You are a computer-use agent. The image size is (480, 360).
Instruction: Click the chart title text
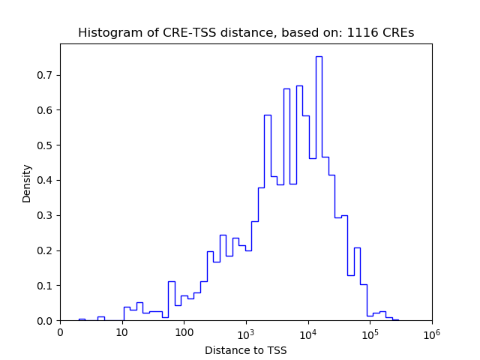point(246,33)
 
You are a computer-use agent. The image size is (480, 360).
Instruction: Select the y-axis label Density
point(27,183)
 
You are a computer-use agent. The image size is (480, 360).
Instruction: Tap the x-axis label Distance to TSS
point(246,350)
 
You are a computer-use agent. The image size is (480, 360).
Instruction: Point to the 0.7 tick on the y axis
point(47,75)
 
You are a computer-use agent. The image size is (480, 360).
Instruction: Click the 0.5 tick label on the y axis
point(47,145)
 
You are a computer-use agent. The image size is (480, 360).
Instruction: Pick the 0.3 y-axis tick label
point(47,215)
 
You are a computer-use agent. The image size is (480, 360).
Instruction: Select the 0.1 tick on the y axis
point(47,286)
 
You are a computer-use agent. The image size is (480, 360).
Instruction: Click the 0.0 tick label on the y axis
point(47,321)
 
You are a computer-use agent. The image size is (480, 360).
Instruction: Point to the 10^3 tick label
point(246,332)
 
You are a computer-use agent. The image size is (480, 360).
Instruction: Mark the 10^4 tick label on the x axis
point(308,332)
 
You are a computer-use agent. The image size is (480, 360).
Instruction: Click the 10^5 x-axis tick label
point(370,332)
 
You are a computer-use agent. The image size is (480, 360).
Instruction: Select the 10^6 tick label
point(432,332)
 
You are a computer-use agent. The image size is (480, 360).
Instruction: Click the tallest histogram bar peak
point(319,57)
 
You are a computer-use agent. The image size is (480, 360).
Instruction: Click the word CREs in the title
point(397,33)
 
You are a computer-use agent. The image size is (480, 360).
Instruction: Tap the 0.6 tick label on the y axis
point(47,110)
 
